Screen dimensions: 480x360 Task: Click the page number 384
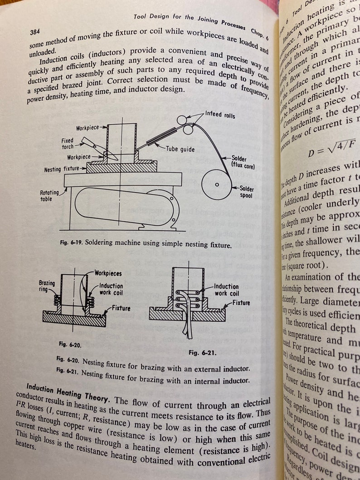click(x=36, y=33)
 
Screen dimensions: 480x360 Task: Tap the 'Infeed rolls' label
click(x=220, y=115)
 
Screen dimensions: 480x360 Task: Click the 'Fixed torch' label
click(x=68, y=144)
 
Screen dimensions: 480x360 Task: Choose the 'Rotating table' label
click(x=49, y=195)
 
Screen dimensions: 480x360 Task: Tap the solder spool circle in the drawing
click(x=216, y=184)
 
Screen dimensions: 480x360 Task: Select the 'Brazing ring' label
click(x=47, y=286)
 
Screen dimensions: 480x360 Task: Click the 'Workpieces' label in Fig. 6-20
click(x=108, y=273)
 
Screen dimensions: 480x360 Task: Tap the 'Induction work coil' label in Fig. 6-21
click(x=226, y=290)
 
